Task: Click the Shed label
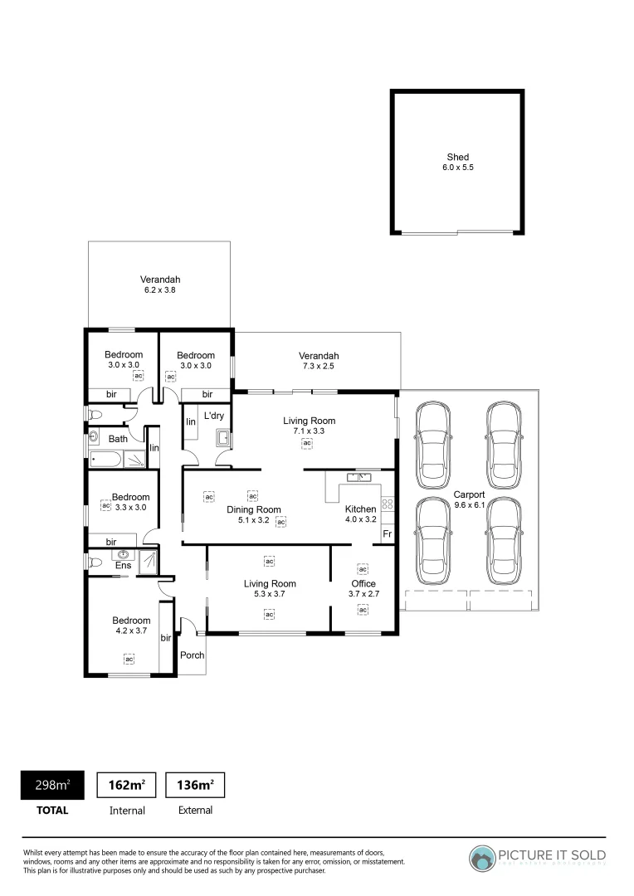pos(457,157)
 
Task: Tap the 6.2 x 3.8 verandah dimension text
pos(159,291)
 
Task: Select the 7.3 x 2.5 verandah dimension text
pos(319,367)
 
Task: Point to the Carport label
pos(469,494)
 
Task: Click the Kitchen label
pos(360,509)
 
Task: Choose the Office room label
pos(363,583)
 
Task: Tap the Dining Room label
pos(253,509)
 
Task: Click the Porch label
pos(192,655)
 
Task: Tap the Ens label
pos(122,566)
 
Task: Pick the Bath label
pos(118,439)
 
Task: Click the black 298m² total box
pos(51,785)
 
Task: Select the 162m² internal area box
pos(127,785)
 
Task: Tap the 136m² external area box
pos(196,785)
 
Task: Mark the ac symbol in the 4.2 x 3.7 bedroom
pos(129,659)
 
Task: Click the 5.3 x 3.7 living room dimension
pos(269,594)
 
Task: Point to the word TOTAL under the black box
pos(51,811)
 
